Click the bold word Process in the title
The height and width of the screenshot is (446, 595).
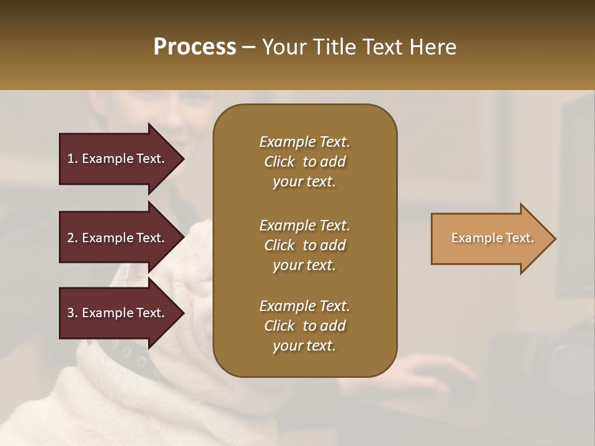195,46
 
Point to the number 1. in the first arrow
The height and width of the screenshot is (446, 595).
73,159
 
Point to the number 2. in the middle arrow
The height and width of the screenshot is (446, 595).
73,238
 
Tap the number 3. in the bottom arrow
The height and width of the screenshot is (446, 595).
73,313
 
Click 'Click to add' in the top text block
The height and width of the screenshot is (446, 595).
304,162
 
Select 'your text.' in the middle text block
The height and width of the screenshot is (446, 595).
304,265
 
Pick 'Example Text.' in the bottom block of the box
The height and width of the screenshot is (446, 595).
304,306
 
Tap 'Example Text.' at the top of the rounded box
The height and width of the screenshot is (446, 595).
304,142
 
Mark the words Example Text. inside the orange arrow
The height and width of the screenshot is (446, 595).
492,238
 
